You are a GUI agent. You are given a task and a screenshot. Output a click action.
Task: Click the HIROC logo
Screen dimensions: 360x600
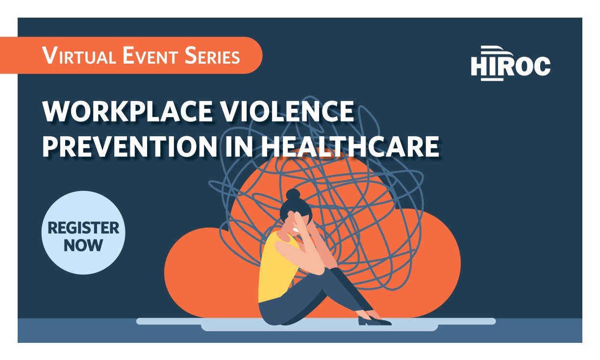point(510,64)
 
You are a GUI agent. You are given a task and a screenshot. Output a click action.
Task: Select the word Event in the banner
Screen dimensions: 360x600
point(146,55)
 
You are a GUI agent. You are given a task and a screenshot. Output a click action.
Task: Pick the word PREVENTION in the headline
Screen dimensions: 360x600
point(129,146)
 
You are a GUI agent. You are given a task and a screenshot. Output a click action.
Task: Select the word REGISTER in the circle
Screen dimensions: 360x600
point(83,228)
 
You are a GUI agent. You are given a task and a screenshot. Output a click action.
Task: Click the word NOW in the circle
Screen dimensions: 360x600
point(83,245)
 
